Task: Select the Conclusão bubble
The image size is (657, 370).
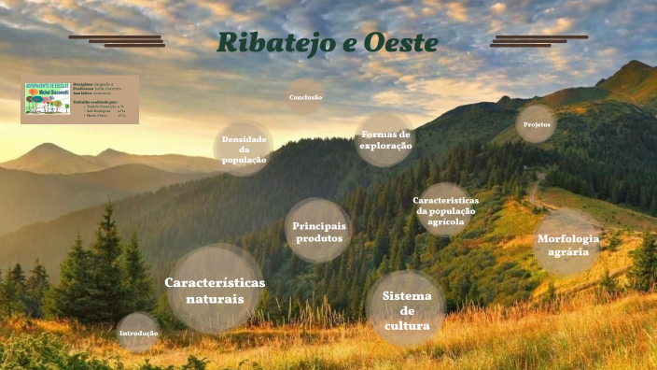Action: pos(305,97)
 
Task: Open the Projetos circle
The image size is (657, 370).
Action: pos(536,123)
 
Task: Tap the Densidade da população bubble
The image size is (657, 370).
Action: pos(244,149)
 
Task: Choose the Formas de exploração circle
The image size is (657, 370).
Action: pos(385,140)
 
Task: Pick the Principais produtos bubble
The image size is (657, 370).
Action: pos(318,232)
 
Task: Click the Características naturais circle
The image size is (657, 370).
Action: pos(215,290)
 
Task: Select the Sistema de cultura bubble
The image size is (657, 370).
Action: pos(406,310)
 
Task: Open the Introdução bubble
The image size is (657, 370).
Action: pos(138,333)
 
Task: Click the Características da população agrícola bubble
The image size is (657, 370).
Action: pos(445,211)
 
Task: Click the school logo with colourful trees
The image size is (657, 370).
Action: pos(48,99)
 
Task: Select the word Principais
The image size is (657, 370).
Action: pos(319,225)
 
